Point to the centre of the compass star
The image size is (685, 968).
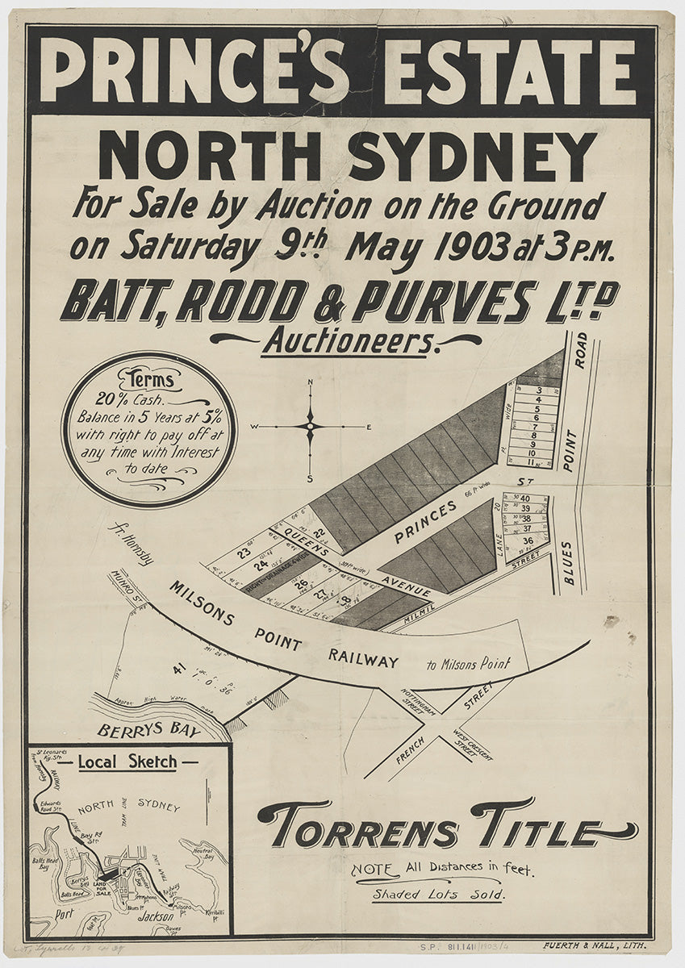click(311, 426)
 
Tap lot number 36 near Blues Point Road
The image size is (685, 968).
click(528, 540)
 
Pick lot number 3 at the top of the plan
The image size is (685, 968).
click(538, 390)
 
